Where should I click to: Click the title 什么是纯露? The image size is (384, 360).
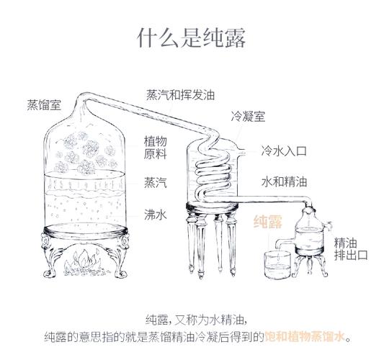pos(192,38)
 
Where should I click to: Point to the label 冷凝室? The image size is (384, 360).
pos(248,115)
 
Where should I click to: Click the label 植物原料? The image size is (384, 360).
pos(156,148)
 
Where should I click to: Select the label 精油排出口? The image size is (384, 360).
pos(351,249)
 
